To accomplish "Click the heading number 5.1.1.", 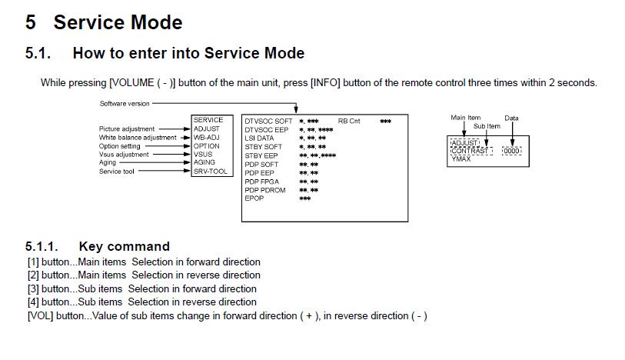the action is tap(42, 246).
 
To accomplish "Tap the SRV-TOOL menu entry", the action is tap(210, 172).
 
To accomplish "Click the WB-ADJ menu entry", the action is tap(207, 137).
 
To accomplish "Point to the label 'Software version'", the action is tap(125, 104).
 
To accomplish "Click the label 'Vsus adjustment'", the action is tap(124, 155).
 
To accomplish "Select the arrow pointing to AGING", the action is tap(155, 162).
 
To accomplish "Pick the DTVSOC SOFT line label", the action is tap(268, 122).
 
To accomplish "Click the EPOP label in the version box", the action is tap(254, 198).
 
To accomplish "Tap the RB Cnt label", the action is tap(349, 122).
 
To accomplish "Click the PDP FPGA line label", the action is tap(261, 182).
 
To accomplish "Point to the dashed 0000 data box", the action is tap(511, 151).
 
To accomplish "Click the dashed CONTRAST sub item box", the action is tap(470, 151).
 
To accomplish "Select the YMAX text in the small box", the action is tap(460, 159).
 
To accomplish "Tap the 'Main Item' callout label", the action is tap(466, 118).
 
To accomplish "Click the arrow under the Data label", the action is tap(512, 134).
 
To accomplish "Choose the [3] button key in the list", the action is tap(34, 289).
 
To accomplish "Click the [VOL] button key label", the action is tap(40, 316).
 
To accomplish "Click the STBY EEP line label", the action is tap(261, 155).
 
